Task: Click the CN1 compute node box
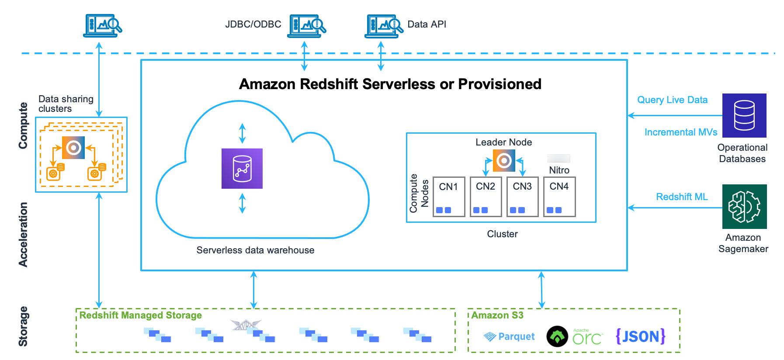click(448, 196)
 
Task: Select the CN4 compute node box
click(559, 196)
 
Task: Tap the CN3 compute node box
click(522, 196)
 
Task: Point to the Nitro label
click(559, 170)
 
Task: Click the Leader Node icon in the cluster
click(504, 160)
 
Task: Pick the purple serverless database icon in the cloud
click(242, 169)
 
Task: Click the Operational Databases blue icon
click(744, 115)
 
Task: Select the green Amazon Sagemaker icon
click(744, 207)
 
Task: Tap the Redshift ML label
click(682, 197)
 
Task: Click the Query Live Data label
click(672, 100)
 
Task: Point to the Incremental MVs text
click(681, 132)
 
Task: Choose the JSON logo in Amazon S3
click(640, 336)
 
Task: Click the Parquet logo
click(509, 336)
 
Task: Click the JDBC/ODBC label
click(253, 24)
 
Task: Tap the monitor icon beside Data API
click(383, 26)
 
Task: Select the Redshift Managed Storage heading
click(140, 315)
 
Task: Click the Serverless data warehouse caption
click(255, 250)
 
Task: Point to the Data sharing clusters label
click(66, 104)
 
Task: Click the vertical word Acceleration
click(23, 234)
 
